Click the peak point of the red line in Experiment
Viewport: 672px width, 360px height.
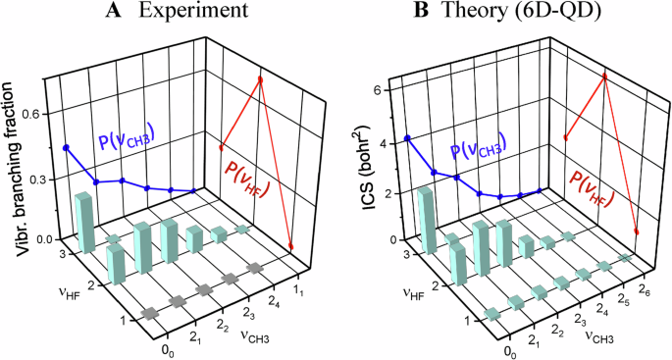click(260, 79)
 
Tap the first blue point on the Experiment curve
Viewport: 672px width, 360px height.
click(67, 147)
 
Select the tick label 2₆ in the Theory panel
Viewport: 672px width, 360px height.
click(644, 284)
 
